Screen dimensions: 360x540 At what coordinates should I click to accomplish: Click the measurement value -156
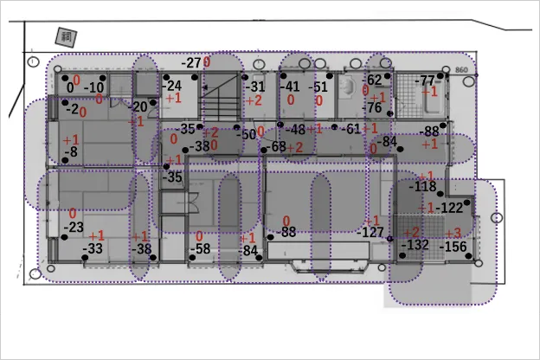click(x=454, y=247)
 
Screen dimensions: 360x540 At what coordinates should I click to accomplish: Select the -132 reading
click(x=415, y=245)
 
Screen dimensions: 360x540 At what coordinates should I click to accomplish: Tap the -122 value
click(x=451, y=208)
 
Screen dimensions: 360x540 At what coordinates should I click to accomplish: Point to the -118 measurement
click(x=423, y=187)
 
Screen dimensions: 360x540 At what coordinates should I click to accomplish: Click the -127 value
click(x=370, y=232)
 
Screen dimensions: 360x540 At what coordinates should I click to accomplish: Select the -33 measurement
click(x=93, y=249)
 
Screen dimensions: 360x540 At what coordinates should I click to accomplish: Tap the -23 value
click(x=74, y=228)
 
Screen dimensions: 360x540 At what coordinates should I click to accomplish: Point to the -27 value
click(x=191, y=63)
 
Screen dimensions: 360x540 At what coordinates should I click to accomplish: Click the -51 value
click(x=318, y=87)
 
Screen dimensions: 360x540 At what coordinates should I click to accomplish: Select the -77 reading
click(x=424, y=81)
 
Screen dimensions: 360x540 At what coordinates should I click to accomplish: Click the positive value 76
click(x=374, y=108)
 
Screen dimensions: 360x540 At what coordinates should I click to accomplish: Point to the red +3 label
click(x=453, y=233)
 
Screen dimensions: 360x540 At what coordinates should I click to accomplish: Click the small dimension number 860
click(x=460, y=69)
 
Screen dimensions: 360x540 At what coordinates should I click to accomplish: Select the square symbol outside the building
click(x=66, y=36)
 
